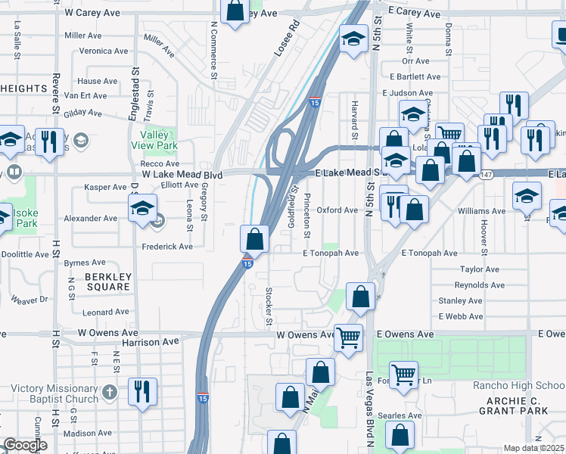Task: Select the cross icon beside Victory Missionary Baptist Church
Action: [110, 393]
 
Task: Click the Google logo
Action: [25, 446]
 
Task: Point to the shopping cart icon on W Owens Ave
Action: [348, 337]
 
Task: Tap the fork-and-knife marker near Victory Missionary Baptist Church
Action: [141, 391]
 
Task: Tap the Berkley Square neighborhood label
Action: [107, 281]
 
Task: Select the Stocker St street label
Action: [269, 306]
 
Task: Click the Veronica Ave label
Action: [107, 51]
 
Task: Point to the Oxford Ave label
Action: [337, 210]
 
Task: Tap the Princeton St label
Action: [307, 214]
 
